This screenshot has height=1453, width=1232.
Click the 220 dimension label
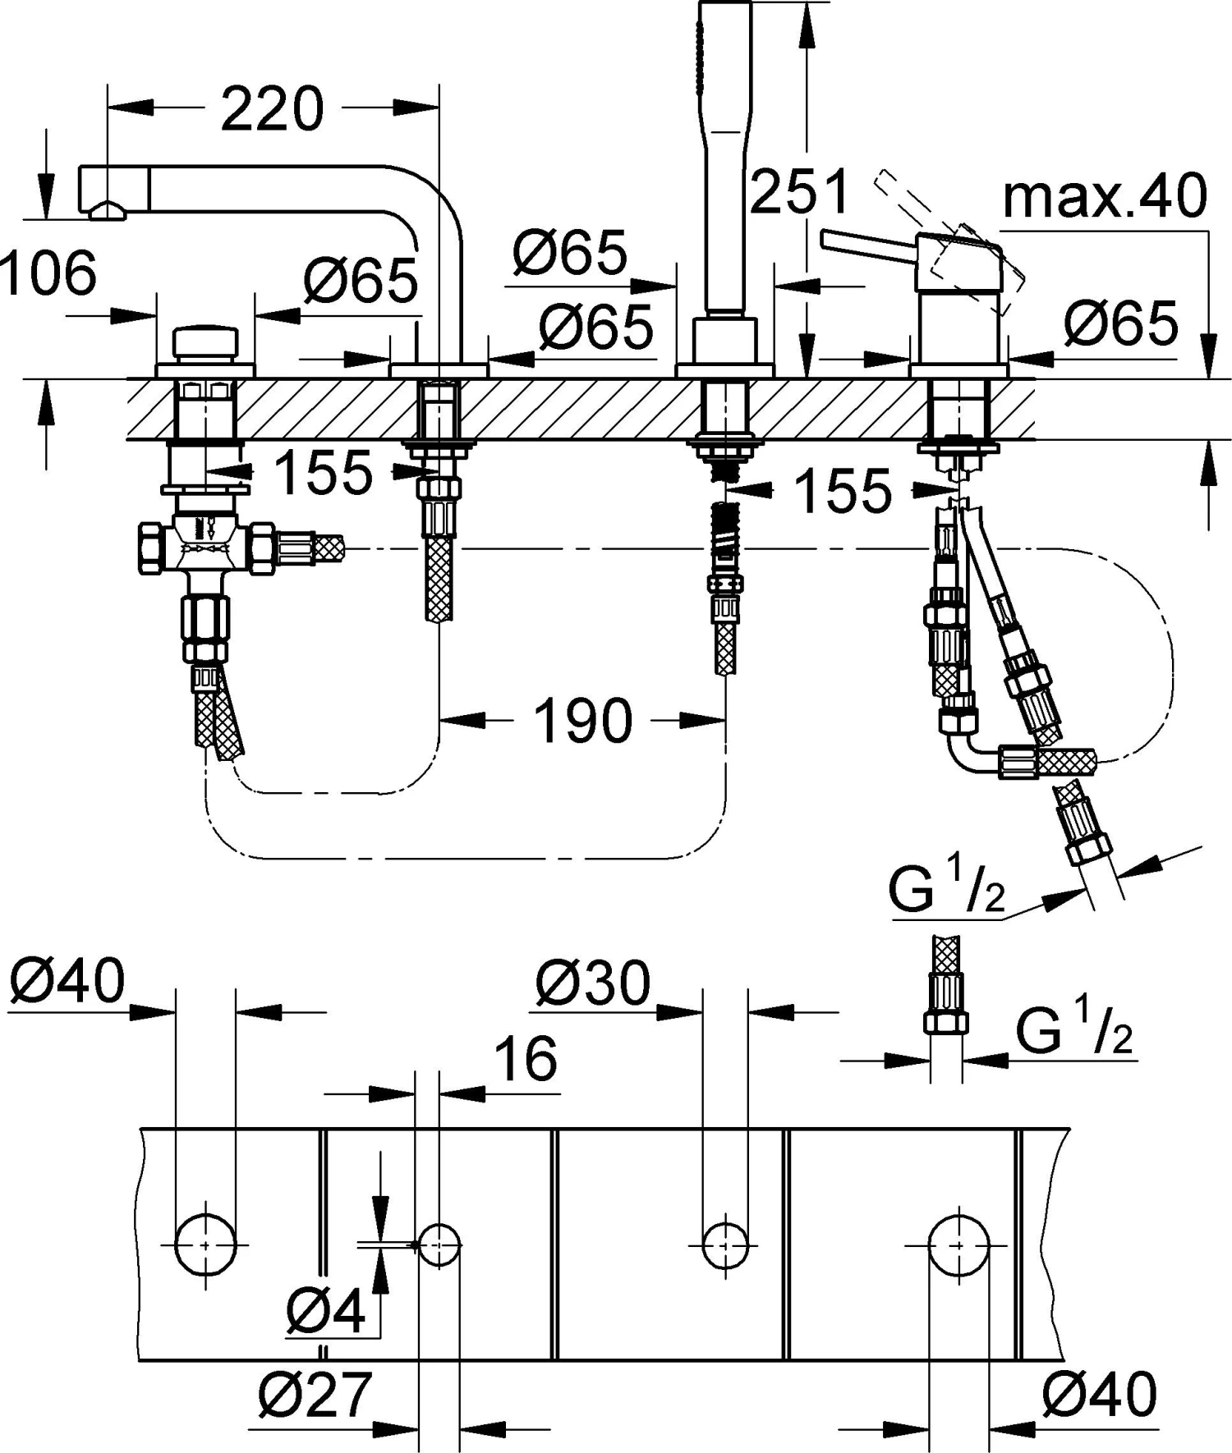point(273,108)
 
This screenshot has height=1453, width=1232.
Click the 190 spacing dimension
point(583,720)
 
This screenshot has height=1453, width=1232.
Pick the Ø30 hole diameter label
point(592,983)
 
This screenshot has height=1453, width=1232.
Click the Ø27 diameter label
point(315,1394)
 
